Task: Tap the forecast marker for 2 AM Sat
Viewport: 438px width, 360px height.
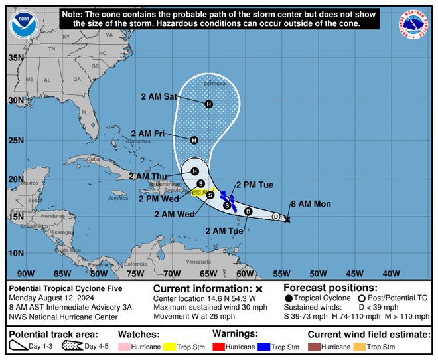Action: pos(208,104)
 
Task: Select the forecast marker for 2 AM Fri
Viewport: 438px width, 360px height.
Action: pos(194,140)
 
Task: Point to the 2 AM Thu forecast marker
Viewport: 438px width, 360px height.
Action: pos(195,171)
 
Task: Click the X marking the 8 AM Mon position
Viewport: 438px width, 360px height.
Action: pos(287,219)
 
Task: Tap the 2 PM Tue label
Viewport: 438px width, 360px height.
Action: pos(254,185)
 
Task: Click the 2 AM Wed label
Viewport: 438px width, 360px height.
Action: pos(174,214)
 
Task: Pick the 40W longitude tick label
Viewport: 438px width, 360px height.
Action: pos(391,273)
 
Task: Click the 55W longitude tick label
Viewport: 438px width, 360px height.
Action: pos(281,273)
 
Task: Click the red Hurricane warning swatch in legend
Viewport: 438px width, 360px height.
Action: pos(220,347)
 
